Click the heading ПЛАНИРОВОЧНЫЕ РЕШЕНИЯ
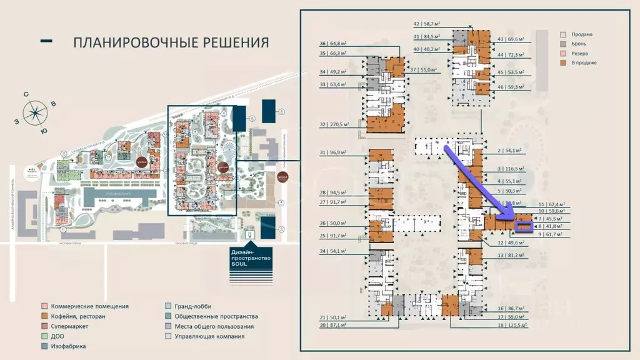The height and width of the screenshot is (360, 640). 171,42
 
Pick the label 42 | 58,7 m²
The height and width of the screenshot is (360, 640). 427,23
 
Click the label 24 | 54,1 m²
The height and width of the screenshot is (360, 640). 332,251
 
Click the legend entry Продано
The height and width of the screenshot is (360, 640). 579,34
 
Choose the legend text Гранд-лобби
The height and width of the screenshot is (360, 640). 193,306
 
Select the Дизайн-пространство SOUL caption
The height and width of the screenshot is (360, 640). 251,257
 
